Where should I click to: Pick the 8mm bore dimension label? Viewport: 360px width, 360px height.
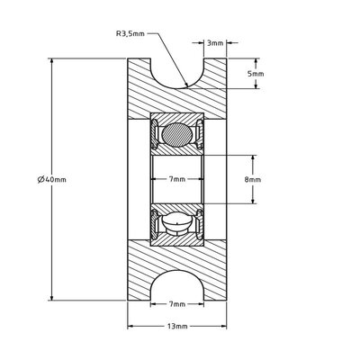(254, 179)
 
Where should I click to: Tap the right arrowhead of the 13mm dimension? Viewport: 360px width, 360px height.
(227, 326)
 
